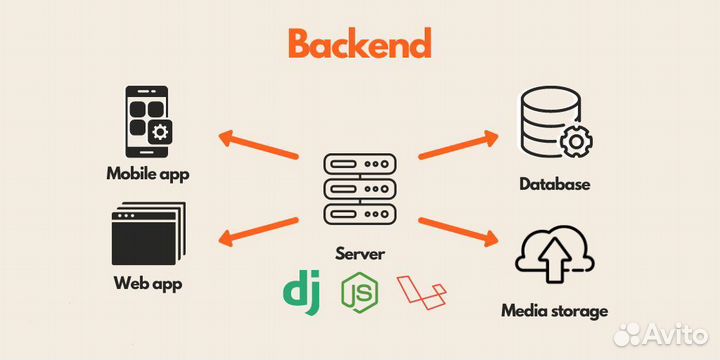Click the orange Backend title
(x=359, y=44)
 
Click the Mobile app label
(x=148, y=173)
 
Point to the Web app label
(x=148, y=283)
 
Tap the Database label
(x=555, y=184)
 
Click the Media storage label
(x=554, y=311)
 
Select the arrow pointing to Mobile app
(x=259, y=144)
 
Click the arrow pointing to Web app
(x=259, y=230)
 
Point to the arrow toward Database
(x=457, y=144)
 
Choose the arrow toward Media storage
(x=457, y=230)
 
